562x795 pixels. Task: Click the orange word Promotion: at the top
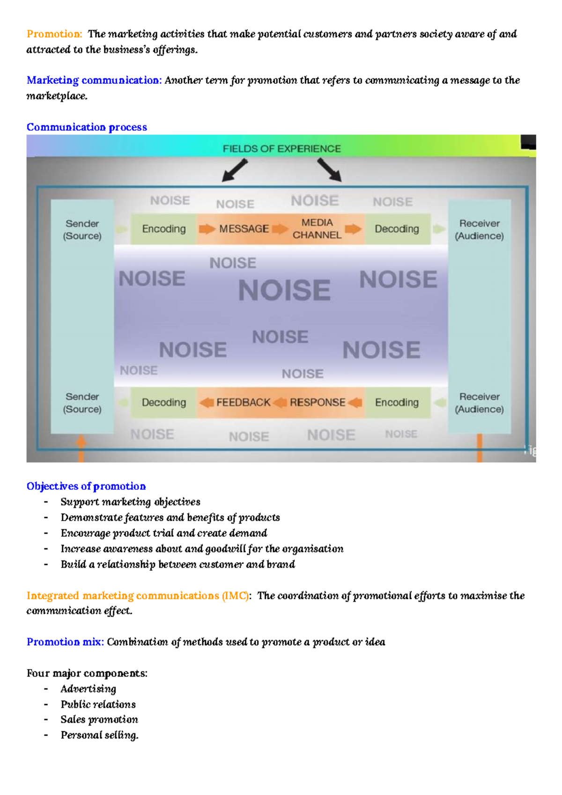(x=54, y=34)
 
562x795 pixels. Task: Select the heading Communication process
(x=87, y=127)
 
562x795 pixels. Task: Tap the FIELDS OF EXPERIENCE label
(x=281, y=149)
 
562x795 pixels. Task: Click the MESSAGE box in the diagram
(x=244, y=229)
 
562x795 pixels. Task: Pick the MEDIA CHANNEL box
(x=317, y=229)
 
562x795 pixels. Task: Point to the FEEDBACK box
(x=243, y=403)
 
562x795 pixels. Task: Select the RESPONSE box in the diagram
(x=317, y=403)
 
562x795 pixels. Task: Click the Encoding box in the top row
(x=164, y=229)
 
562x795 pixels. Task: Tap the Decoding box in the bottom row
(x=164, y=403)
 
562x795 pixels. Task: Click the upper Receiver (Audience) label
(x=479, y=229)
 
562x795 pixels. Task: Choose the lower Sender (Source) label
(x=82, y=403)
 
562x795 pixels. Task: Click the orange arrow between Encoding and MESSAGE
(x=207, y=229)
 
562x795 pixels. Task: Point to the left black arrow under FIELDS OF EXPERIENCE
(x=235, y=170)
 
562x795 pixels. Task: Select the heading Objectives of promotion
(x=86, y=486)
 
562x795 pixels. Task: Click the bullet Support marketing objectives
(x=130, y=502)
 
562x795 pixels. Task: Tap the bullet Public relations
(x=98, y=705)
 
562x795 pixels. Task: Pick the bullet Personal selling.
(x=99, y=735)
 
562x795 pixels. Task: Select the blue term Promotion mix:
(x=65, y=642)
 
